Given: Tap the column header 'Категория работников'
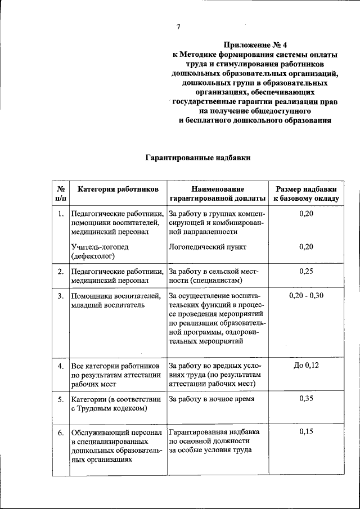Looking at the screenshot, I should coord(118,190).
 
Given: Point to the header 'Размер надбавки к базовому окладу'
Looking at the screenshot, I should coord(306,194).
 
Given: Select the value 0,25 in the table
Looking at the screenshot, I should coord(306,271).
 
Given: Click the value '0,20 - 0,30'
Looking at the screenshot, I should coord(306,295).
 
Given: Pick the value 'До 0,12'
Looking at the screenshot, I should coord(306,366).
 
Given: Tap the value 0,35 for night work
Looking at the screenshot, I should coord(306,399).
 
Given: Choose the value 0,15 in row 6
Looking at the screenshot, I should coord(306,432).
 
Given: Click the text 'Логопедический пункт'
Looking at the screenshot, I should coord(208,246).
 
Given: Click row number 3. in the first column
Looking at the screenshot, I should coord(60,295).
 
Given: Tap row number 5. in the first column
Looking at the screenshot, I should coord(60,399).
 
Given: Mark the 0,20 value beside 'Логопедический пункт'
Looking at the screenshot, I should coord(306,246).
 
